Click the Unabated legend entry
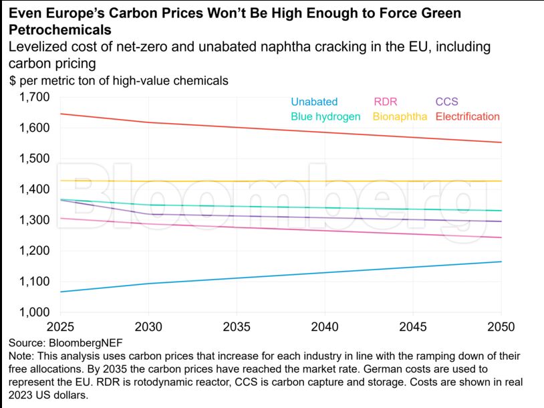coord(314,102)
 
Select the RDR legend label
coord(385,102)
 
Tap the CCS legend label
coord(447,102)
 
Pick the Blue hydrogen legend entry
coord(325,116)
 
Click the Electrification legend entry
coord(468,116)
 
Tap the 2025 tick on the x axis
coord(61,328)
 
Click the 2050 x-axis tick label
coord(501,328)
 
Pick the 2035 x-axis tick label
coord(237,328)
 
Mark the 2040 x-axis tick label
coord(325,328)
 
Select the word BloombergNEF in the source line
coord(77,343)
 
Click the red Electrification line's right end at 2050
coord(501,142)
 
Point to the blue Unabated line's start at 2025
coord(61,292)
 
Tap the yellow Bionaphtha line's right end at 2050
coord(501,181)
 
